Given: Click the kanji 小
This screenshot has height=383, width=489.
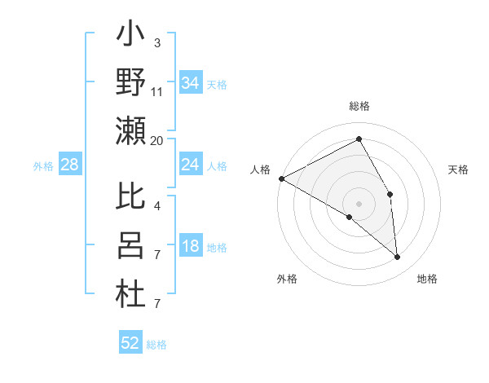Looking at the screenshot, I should (130, 37).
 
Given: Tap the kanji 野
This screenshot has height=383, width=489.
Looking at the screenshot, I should (130, 83).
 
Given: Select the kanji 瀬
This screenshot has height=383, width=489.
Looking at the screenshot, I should (130, 130).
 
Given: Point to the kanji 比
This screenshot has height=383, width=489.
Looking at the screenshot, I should (130, 197).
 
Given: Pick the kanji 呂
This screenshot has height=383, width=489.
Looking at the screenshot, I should (130, 245).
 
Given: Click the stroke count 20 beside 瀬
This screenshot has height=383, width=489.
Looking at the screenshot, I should (157, 140).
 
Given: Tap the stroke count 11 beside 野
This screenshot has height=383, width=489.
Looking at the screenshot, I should (157, 92).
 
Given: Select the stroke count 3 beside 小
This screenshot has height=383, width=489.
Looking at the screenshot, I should (157, 42).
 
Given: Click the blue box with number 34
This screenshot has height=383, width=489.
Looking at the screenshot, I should (191, 83).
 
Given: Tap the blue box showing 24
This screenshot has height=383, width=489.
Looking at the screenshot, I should (191, 165).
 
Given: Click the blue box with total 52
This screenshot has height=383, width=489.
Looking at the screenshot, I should (130, 343).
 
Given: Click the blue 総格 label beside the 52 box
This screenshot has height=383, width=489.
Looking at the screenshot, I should (156, 345).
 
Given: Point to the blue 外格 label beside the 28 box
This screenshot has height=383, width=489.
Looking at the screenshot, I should (43, 166).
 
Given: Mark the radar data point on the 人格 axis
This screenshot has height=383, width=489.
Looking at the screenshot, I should (280, 178).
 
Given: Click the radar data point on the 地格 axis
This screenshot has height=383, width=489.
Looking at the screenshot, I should (398, 258).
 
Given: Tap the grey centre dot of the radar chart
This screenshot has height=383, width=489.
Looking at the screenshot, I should (359, 203).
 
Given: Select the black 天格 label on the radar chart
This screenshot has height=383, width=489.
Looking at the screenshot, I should (459, 169).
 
